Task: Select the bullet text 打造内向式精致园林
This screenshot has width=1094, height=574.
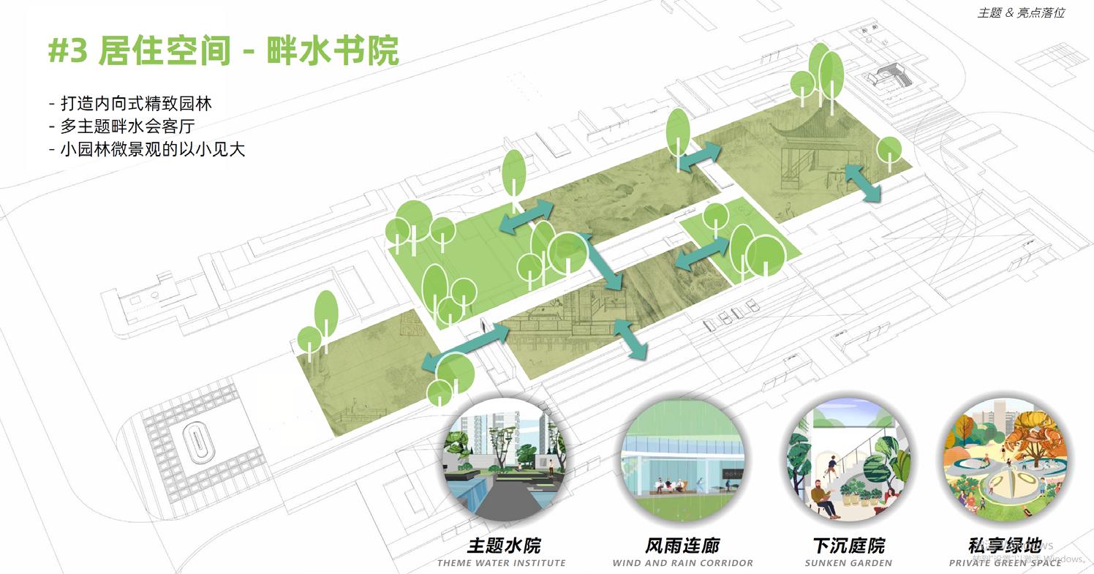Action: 130,104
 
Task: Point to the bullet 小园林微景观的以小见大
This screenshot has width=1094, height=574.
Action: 147,149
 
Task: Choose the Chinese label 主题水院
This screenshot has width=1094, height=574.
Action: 504,545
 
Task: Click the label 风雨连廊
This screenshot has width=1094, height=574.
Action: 682,545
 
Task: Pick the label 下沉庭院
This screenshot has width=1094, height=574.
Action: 848,545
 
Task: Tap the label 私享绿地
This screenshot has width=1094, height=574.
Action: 1004,545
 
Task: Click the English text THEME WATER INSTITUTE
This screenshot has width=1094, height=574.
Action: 502,563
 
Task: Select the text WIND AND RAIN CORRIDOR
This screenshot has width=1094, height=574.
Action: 682,563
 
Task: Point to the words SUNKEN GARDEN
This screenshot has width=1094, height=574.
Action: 848,563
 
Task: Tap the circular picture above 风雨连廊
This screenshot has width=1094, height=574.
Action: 683,459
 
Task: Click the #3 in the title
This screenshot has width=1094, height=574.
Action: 68,51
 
